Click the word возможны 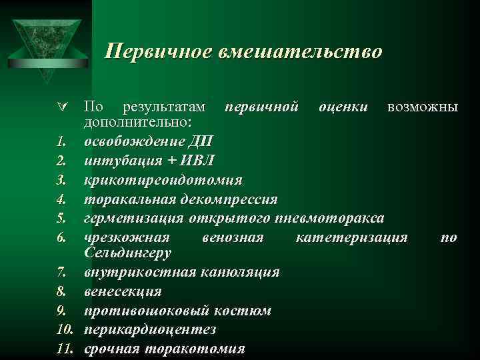coord(423,107)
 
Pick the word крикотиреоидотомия coord(163,180)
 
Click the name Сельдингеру coord(128,253)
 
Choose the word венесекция coord(123,291)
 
